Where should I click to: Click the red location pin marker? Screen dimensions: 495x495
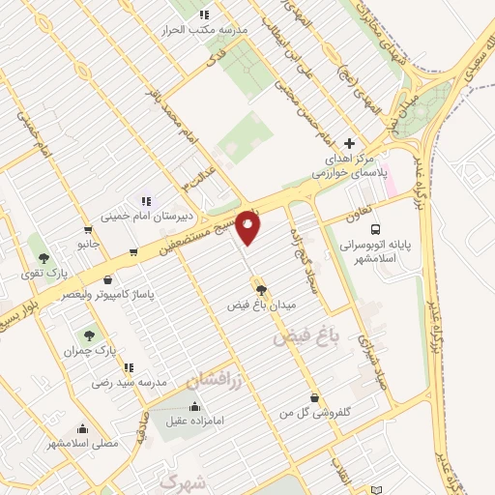tap(248, 226)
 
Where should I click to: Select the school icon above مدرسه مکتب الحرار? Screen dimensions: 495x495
tap(204, 15)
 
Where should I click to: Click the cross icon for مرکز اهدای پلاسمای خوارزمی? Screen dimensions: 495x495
tap(349, 144)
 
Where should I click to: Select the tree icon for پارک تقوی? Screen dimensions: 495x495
tap(44, 257)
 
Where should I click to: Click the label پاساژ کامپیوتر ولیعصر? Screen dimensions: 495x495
tap(104, 291)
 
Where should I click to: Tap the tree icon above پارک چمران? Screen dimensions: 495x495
tap(89, 335)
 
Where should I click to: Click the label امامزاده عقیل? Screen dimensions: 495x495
tap(194, 420)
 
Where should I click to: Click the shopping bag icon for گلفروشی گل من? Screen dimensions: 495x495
tap(314, 397)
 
